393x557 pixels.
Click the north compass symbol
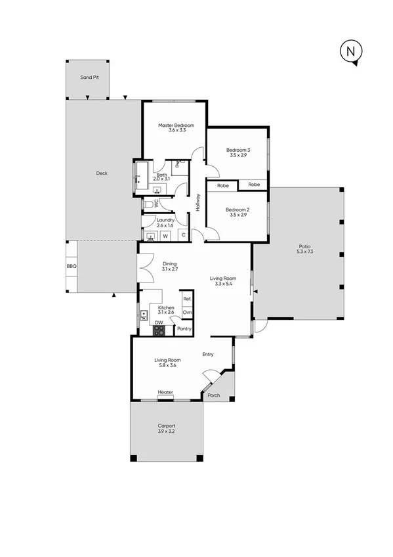(x=351, y=51)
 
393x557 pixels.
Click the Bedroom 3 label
(x=238, y=150)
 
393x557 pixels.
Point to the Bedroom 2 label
(x=238, y=210)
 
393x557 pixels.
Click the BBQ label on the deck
(x=72, y=267)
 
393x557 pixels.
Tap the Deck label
(x=102, y=173)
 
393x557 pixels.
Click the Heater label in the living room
(x=165, y=393)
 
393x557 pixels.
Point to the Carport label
(x=166, y=426)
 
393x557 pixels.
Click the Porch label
(x=213, y=395)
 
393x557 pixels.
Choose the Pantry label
(x=184, y=328)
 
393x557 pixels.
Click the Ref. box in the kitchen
(x=187, y=299)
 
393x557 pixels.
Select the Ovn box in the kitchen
(x=187, y=312)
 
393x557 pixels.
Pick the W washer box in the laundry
(x=165, y=235)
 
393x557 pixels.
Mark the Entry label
(x=208, y=355)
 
